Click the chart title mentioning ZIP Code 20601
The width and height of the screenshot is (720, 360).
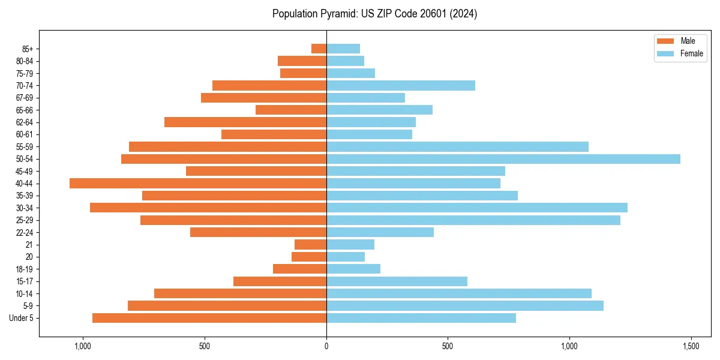pyautogui.click(x=374, y=14)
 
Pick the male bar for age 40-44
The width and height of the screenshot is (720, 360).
pyautogui.click(x=198, y=184)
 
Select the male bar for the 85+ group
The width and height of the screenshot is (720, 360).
pyautogui.click(x=319, y=49)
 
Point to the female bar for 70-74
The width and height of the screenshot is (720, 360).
pyautogui.click(x=400, y=86)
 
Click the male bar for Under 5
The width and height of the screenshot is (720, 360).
pyautogui.click(x=209, y=318)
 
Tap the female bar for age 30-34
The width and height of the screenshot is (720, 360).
pyautogui.click(x=476, y=208)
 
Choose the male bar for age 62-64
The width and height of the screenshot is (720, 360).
pyautogui.click(x=245, y=122)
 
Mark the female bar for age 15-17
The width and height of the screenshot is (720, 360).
pyautogui.click(x=397, y=281)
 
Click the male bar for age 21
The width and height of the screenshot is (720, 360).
pyautogui.click(x=310, y=245)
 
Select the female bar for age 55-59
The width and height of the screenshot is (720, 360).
pyautogui.click(x=457, y=147)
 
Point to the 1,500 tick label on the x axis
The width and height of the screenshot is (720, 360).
pyautogui.click(x=691, y=346)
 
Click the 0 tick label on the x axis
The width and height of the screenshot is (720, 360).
pyautogui.click(x=326, y=346)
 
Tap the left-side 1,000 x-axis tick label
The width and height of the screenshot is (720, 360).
pyautogui.click(x=83, y=346)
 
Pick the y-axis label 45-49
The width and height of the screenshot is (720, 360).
pyautogui.click(x=25, y=172)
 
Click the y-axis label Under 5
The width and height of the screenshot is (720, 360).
pyautogui.click(x=22, y=318)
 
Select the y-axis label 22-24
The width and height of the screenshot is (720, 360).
pyautogui.click(x=25, y=233)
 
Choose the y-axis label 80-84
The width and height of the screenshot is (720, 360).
pyautogui.click(x=25, y=61)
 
